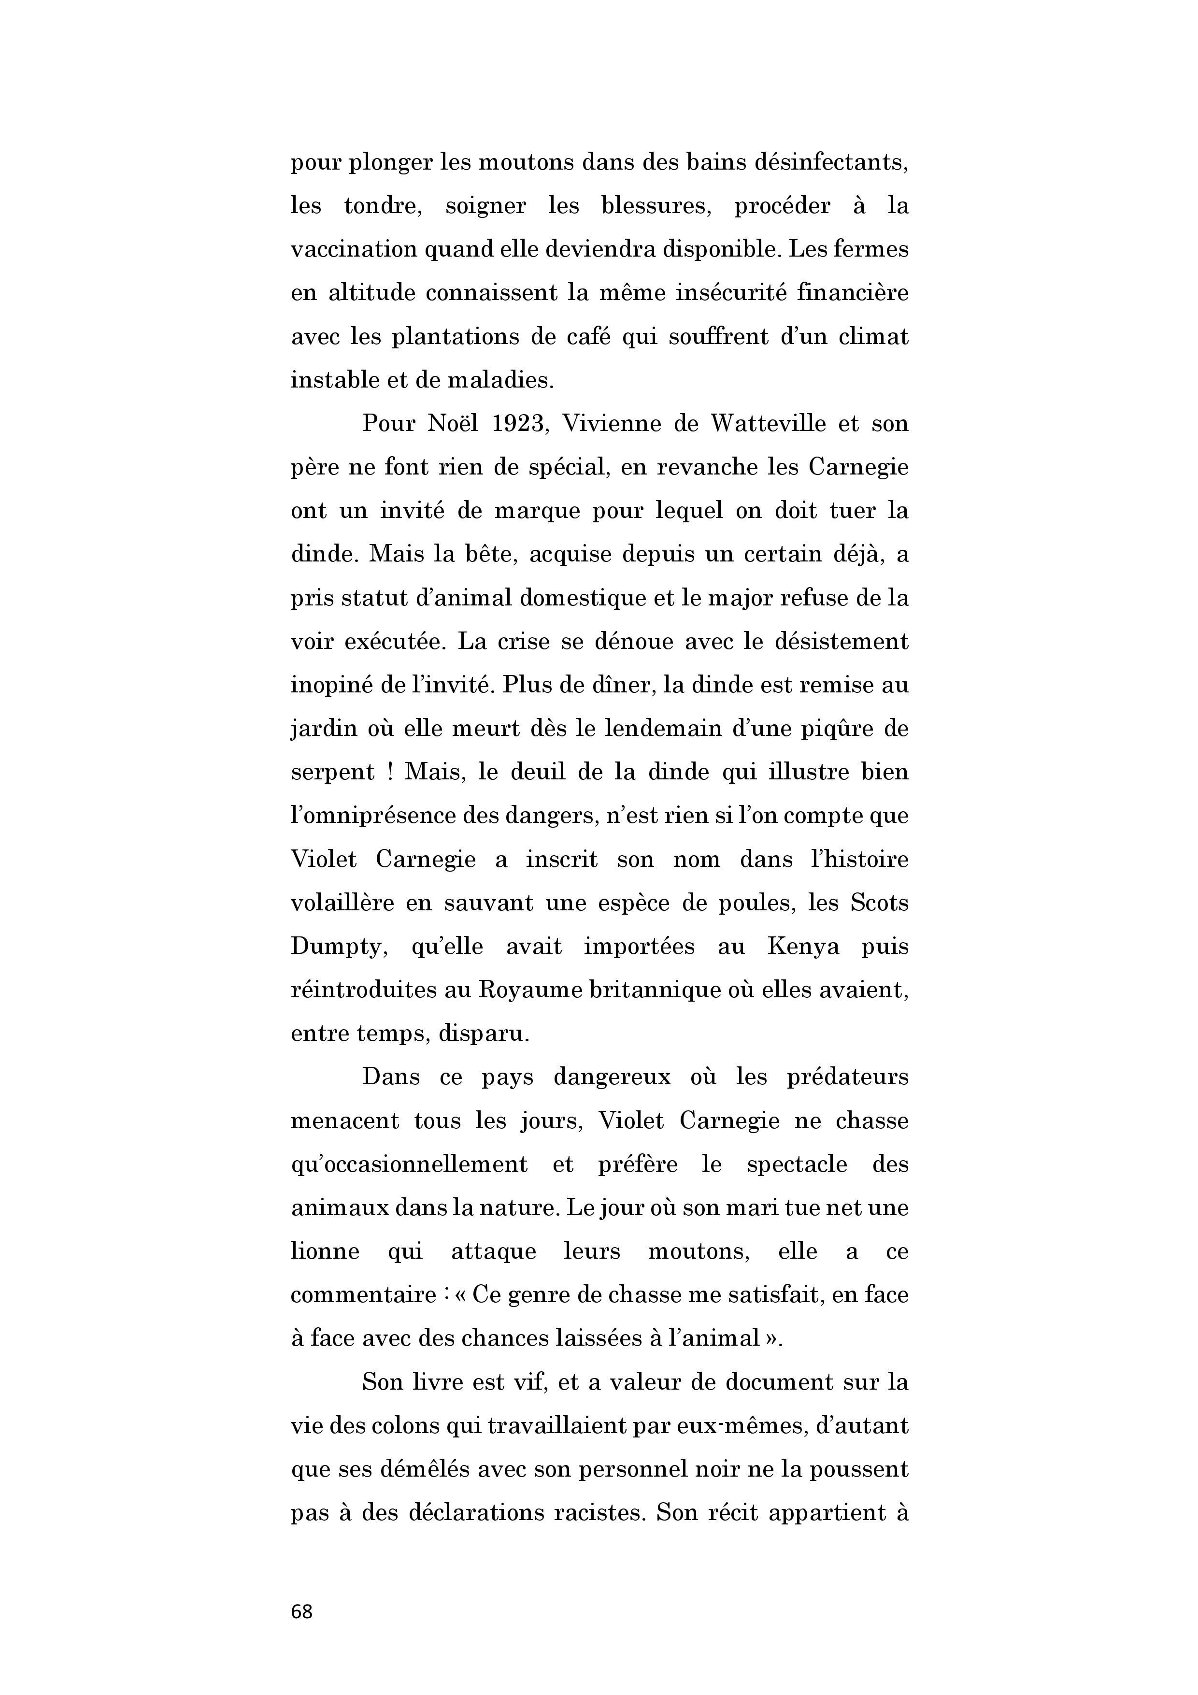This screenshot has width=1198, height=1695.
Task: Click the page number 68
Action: point(302,1611)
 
